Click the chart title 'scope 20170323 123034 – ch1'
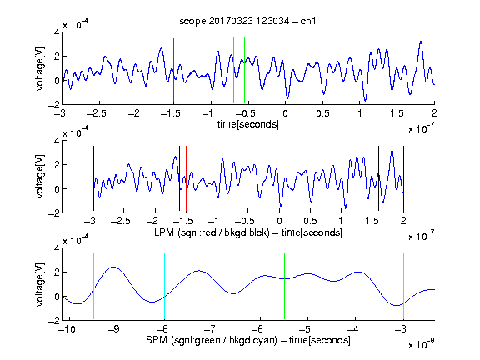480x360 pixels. pos(247,21)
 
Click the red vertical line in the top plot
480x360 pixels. pos(173,71)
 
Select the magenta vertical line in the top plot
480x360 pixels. pos(397,71)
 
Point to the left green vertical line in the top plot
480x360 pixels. pos(233,71)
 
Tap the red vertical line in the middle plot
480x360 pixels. pos(186,179)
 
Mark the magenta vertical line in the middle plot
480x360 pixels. pos(372,179)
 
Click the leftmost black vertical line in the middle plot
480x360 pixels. pos(93,179)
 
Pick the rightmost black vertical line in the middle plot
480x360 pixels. pos(403,179)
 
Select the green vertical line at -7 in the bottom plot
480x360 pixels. pos(212,287)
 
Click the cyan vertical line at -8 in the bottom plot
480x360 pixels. pos(165,287)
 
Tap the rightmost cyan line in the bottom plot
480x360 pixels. pos(403,287)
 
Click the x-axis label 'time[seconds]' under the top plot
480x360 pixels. pos(248,124)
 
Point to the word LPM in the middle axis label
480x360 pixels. pos(164,232)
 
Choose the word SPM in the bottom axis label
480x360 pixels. pos(157,340)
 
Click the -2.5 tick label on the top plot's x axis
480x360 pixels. pos(96,113)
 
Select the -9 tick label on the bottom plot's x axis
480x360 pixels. pos(113,329)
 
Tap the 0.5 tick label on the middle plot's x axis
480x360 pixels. pos(310,221)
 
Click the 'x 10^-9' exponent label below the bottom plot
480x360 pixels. pos(421,343)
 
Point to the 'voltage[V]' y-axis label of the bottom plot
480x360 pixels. pos(40,284)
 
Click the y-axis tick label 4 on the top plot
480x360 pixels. pos(57,32)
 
